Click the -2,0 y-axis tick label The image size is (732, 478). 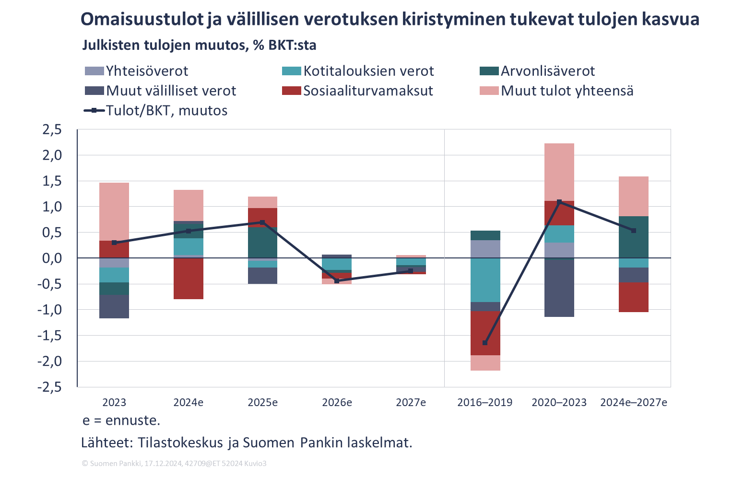[x=50, y=361]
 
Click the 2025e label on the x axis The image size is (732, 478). [x=262, y=402]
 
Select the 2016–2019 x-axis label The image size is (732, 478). [x=485, y=402]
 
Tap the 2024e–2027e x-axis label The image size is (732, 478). [x=633, y=402]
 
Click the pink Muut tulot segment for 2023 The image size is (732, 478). [x=114, y=211]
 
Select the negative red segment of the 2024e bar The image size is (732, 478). [x=189, y=279]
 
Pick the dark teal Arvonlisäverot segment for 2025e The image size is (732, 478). [x=262, y=242]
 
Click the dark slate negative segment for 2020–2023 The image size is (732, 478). [x=559, y=287]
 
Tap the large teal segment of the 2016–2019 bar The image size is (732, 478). [x=485, y=280]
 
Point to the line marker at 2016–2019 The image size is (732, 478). [x=485, y=343]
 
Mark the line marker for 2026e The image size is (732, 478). [x=337, y=280]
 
